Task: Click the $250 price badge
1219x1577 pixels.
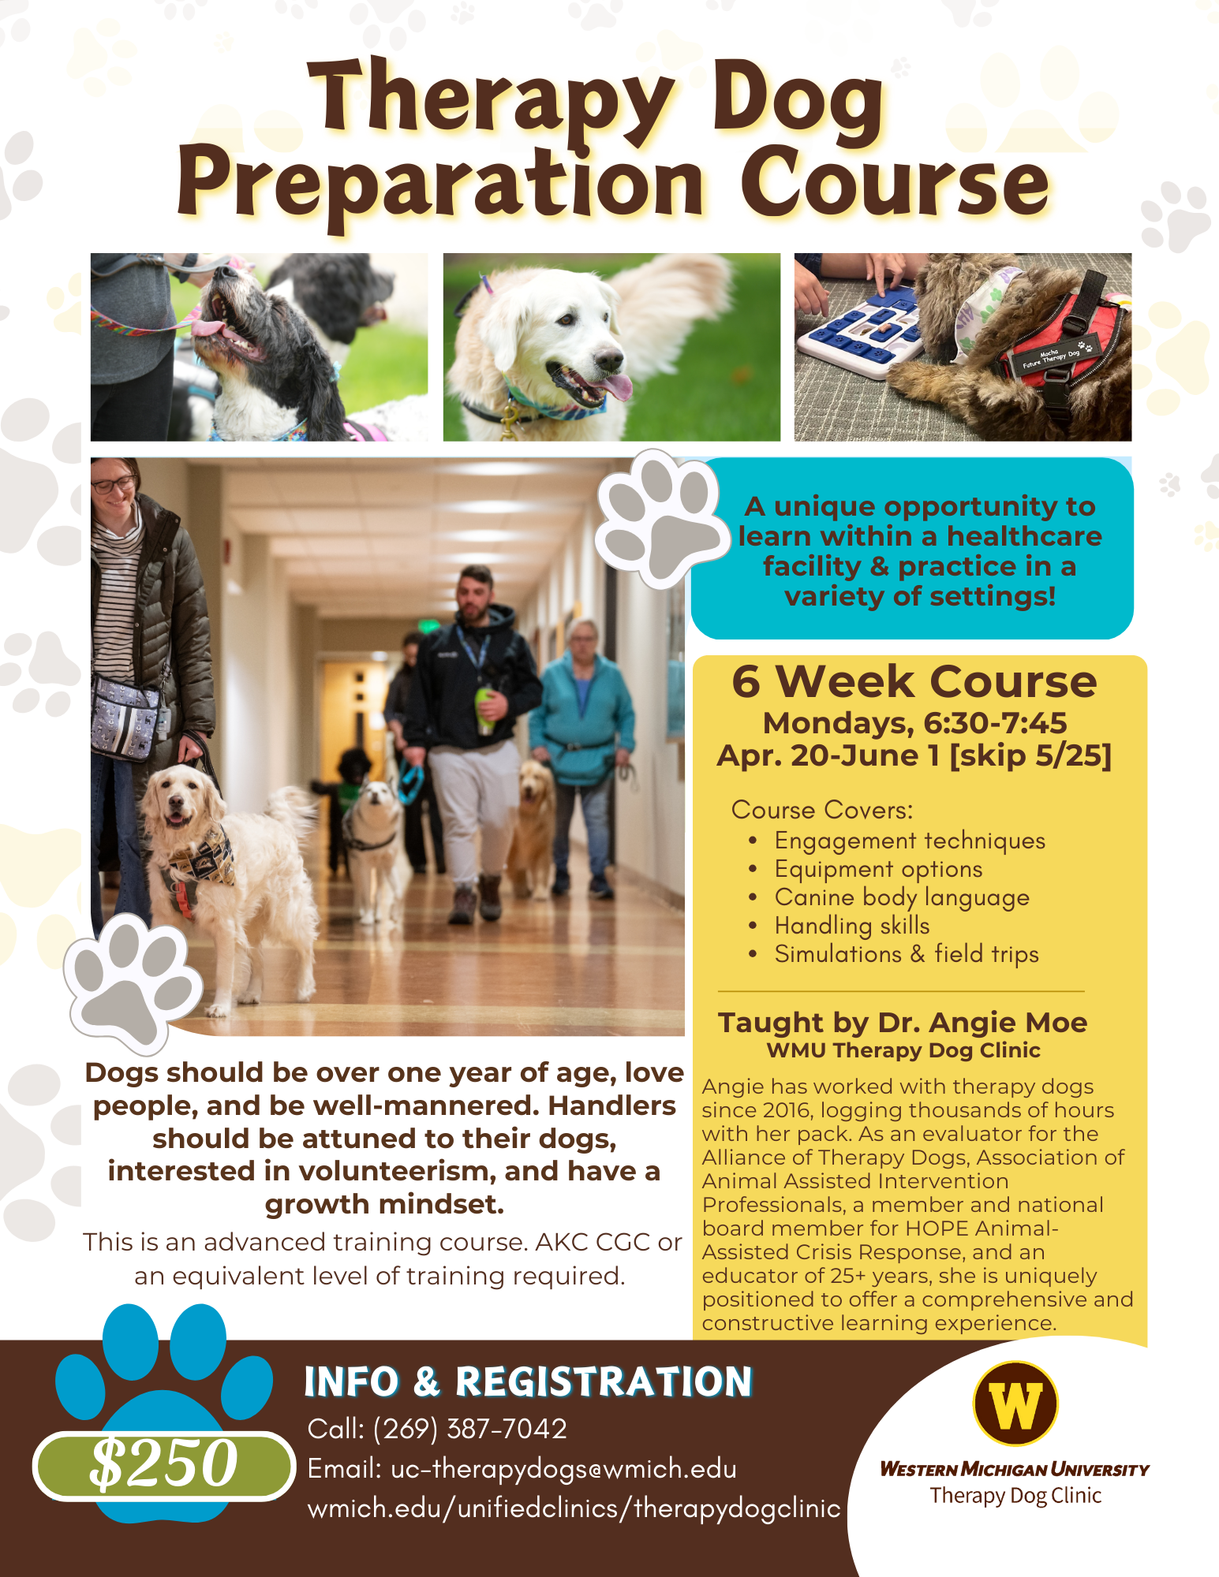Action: tap(163, 1463)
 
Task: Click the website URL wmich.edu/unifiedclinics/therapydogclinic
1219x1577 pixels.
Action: tap(574, 1508)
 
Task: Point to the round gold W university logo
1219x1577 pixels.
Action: tap(1015, 1404)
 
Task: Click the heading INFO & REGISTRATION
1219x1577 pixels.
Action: tap(528, 1382)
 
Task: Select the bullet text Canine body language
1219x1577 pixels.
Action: tap(901, 897)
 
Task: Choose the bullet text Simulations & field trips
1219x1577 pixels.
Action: tap(906, 954)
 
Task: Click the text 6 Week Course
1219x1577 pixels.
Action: tap(914, 681)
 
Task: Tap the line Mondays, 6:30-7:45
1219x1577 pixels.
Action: tap(914, 723)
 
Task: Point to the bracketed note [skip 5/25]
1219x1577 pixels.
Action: tap(1030, 755)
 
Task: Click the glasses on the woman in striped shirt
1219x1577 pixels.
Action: tap(113, 484)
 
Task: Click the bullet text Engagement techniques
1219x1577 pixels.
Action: tap(909, 841)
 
